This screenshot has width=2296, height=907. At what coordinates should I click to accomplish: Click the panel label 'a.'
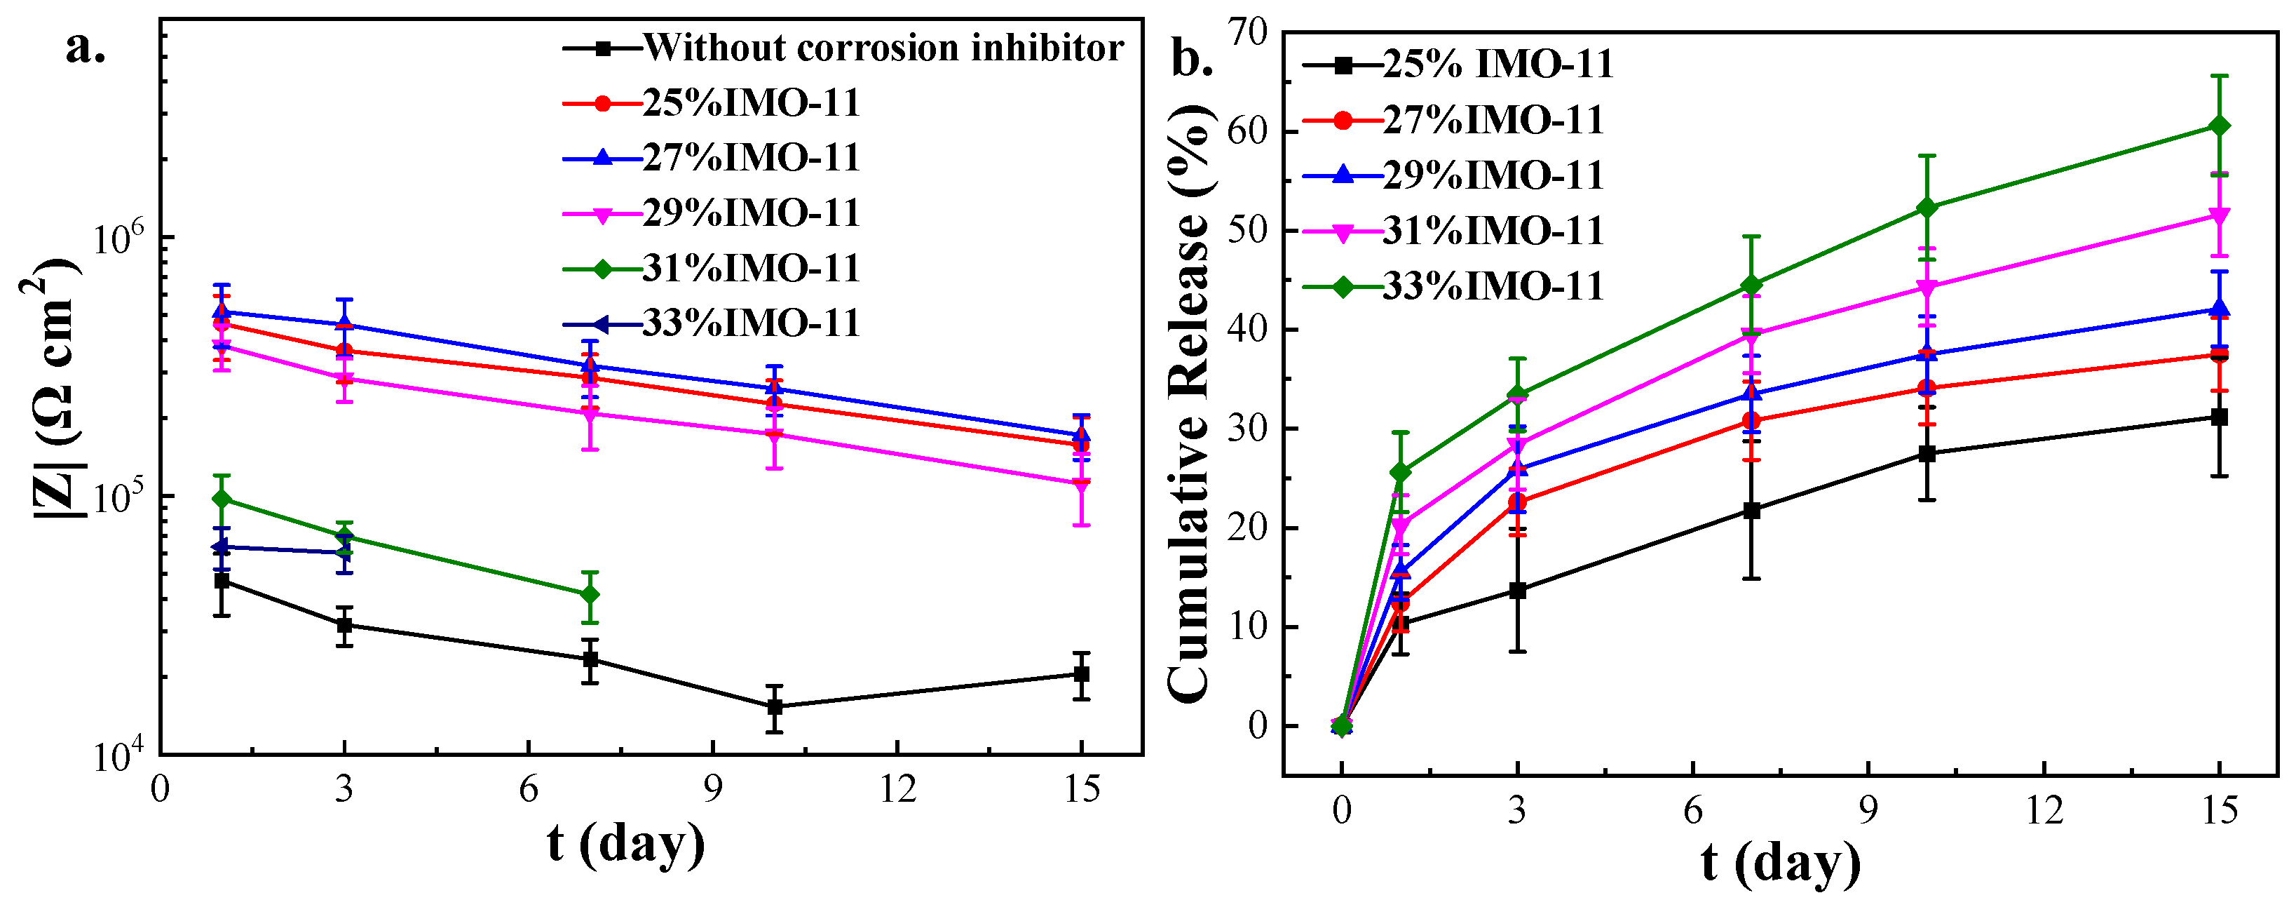86,48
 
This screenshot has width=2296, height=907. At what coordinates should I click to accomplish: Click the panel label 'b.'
1192,60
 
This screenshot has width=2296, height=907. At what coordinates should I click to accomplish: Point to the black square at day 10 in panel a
775,707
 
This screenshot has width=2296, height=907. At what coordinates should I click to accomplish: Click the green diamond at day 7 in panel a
589,595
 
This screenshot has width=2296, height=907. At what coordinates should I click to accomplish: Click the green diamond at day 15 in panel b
2220,126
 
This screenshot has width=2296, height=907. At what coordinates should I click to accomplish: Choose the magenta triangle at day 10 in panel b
1927,287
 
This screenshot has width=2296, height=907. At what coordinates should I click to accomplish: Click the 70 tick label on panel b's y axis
1248,32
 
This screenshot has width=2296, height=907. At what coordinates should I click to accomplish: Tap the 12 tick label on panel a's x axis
897,790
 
